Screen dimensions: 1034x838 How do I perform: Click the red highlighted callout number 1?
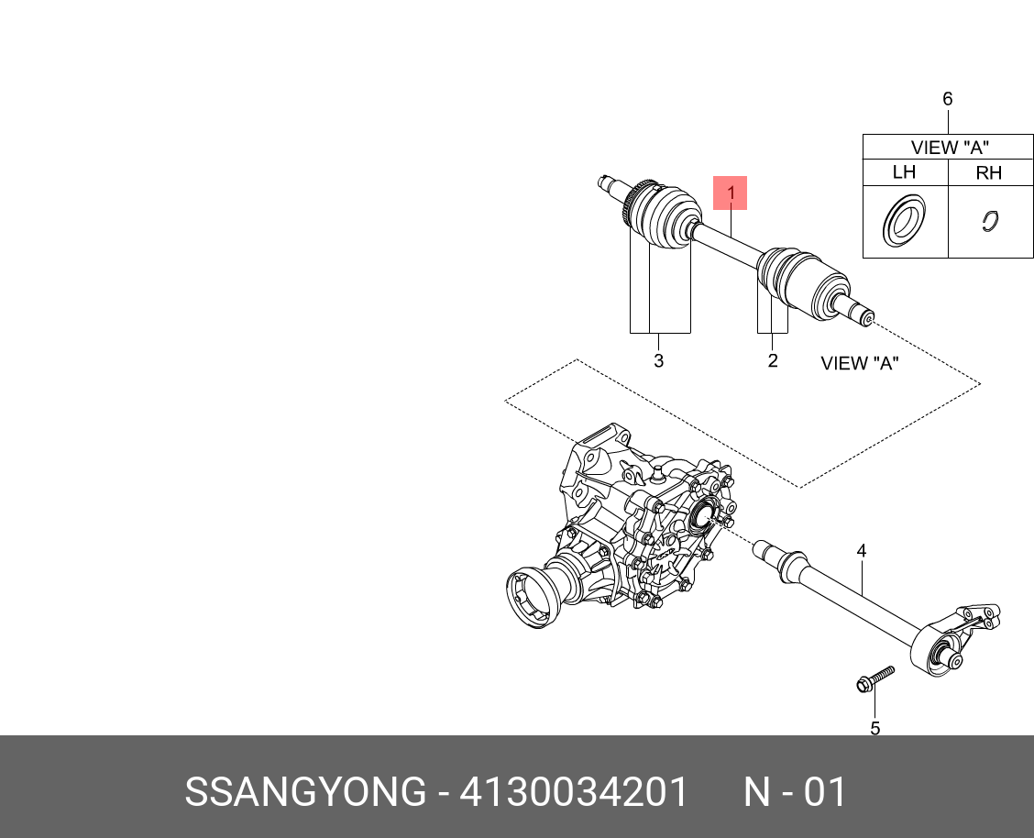click(x=731, y=193)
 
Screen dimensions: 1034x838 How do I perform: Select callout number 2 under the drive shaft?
click(x=773, y=361)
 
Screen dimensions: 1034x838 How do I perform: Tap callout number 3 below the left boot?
click(x=658, y=361)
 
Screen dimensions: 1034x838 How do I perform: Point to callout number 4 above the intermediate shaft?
click(x=862, y=551)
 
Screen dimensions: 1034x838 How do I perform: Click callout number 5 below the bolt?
click(x=874, y=728)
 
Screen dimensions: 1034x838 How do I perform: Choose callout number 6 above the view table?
click(x=948, y=99)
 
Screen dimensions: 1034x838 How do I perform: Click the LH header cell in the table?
click(x=904, y=172)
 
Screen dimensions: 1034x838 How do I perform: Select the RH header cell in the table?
click(x=988, y=172)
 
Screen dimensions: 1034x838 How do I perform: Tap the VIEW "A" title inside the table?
click(x=949, y=147)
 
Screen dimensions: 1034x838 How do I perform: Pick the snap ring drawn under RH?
click(x=989, y=221)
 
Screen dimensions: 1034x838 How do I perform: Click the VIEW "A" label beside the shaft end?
click(x=859, y=363)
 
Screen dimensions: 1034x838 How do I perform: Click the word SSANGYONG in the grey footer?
click(x=305, y=792)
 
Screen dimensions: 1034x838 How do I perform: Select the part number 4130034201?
click(x=573, y=792)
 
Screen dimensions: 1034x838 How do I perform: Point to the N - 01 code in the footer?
click(x=794, y=792)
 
